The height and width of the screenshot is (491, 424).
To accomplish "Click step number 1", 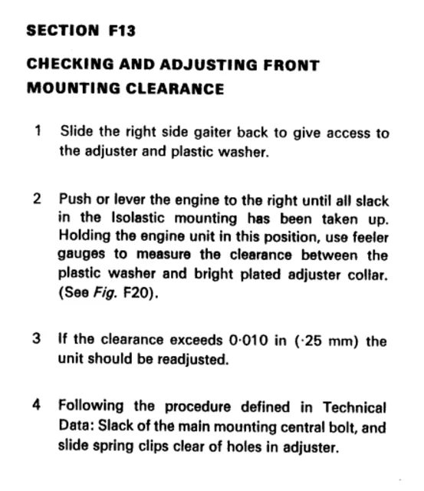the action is click(38, 131).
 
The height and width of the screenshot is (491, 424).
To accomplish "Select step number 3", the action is click(38, 341).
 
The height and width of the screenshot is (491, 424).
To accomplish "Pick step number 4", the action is click(38, 407).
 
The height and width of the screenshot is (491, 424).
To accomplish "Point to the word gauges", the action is click(82, 255).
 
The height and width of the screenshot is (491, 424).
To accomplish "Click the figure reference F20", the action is click(140, 292).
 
